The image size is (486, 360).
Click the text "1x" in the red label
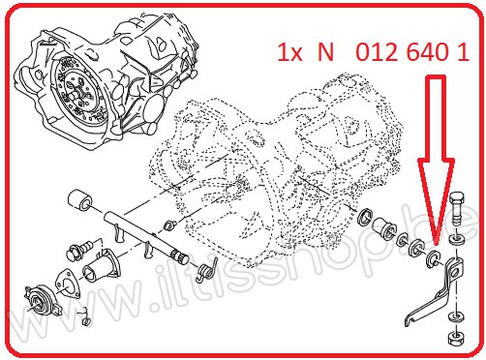point(290,52)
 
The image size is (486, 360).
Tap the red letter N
point(325,52)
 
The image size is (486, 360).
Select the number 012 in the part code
point(376,52)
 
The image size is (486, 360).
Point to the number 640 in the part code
point(427,52)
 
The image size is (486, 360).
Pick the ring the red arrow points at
point(432,258)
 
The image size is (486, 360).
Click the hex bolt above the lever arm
point(456,209)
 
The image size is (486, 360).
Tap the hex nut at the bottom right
point(456,338)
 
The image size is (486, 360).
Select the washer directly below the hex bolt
point(457,239)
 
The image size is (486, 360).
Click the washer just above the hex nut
point(457,316)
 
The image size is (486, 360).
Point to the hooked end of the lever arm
point(410,320)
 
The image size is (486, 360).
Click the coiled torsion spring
point(206,271)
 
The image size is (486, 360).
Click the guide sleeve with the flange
point(102,267)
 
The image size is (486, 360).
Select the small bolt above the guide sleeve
point(79,249)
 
